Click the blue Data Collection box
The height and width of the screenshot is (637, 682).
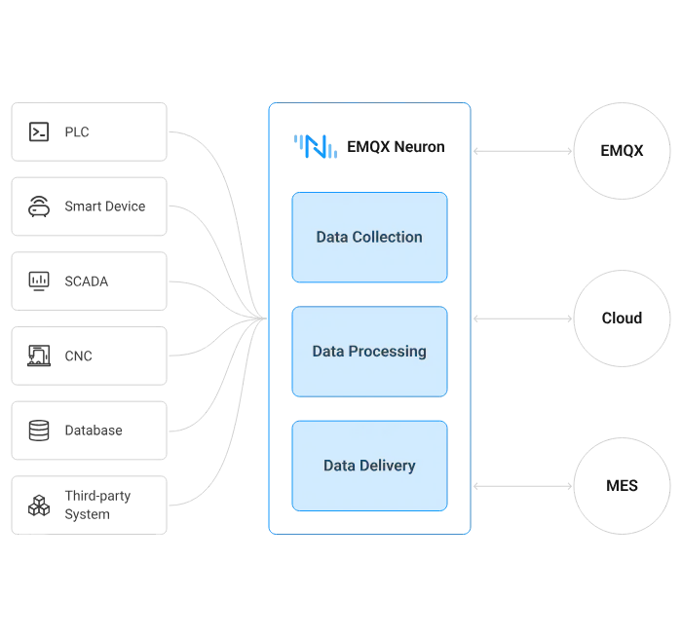tap(369, 237)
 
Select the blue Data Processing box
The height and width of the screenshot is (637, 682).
tap(369, 351)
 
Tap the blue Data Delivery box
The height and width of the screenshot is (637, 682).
tap(369, 466)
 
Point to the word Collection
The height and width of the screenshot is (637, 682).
tap(387, 237)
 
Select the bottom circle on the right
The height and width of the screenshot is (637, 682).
tap(622, 484)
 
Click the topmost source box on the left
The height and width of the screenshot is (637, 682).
tap(90, 132)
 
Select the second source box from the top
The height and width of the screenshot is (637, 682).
tap(90, 206)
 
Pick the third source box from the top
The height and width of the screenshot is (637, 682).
tap(90, 281)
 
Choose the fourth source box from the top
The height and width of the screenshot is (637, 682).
tap(90, 356)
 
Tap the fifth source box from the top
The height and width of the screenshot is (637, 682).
tap(90, 430)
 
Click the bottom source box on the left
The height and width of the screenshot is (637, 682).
tap(90, 506)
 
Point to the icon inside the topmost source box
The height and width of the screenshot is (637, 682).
tap(40, 132)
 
